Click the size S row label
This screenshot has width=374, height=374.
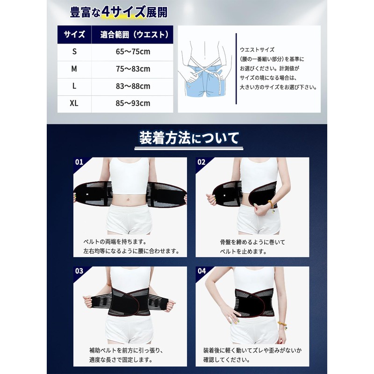pos(74,52)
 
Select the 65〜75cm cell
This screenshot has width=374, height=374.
pos(132,52)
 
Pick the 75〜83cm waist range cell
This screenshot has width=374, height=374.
pos(132,69)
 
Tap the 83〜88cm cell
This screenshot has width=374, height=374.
pos(132,86)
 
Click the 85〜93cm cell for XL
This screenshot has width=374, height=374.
pos(132,103)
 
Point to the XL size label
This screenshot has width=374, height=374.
pos(74,103)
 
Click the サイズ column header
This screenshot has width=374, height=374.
pos(74,34)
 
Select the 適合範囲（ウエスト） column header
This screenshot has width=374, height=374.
pos(132,34)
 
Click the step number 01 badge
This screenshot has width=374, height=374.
pos(79,162)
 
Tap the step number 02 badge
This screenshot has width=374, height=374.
pos(201,162)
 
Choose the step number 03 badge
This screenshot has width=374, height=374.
pos(79,271)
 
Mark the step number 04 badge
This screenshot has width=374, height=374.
pos(201,271)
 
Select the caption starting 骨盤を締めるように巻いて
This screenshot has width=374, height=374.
pos(252,246)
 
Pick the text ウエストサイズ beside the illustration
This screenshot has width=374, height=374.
pos(257,49)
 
